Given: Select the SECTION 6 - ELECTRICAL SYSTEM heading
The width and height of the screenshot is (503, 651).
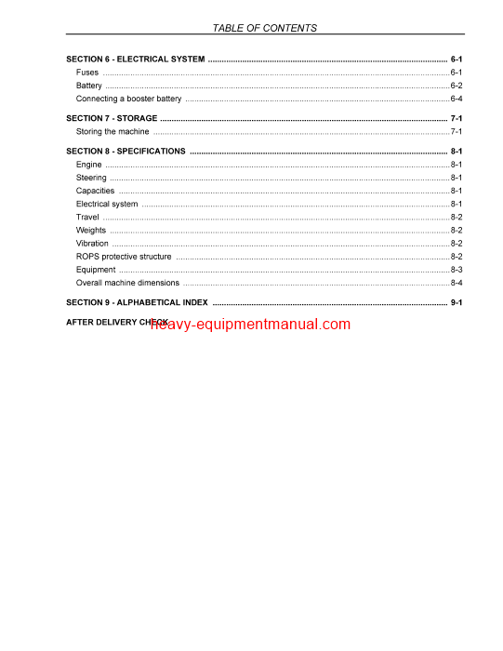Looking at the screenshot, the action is pyautogui.click(x=136, y=60).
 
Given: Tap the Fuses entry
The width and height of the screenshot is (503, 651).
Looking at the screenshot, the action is pyautogui.click(x=87, y=73).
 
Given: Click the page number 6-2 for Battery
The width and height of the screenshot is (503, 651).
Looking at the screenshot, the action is pyautogui.click(x=457, y=86).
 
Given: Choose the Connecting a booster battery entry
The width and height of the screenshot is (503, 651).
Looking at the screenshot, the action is pyautogui.click(x=128, y=99).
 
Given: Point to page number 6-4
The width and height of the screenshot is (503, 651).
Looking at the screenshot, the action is pyautogui.click(x=457, y=99).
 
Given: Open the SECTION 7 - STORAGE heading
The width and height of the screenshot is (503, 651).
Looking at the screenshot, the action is pyautogui.click(x=112, y=119).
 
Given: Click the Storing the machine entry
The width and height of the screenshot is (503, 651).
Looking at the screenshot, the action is pyautogui.click(x=112, y=132).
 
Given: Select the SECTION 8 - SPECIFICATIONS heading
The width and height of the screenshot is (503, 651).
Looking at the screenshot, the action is pyautogui.click(x=126, y=152).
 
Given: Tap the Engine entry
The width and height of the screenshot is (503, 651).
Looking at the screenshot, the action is pyautogui.click(x=89, y=165).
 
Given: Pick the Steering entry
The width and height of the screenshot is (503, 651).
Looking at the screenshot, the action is pyautogui.click(x=91, y=178).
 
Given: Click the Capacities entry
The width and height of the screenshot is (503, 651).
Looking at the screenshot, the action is pyautogui.click(x=96, y=191).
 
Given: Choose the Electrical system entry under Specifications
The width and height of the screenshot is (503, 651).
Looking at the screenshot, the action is pyautogui.click(x=107, y=204).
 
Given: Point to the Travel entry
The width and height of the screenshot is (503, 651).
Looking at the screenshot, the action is pyautogui.click(x=87, y=217).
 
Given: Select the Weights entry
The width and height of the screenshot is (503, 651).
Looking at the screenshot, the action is pyautogui.click(x=91, y=230).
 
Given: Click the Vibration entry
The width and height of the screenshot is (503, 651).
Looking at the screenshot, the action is pyautogui.click(x=92, y=244).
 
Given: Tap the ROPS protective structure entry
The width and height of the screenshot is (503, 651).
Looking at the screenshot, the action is pyautogui.click(x=124, y=257).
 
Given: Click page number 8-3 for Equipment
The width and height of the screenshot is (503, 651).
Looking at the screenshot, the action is pyautogui.click(x=457, y=270).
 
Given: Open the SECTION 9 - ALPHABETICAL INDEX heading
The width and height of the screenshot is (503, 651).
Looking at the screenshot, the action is pyautogui.click(x=137, y=302).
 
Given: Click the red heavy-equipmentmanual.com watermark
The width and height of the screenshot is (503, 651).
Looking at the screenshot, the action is pyautogui.click(x=249, y=325).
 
